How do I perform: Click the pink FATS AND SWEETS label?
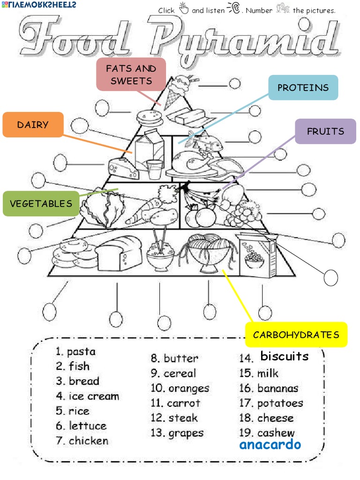[x=131, y=75]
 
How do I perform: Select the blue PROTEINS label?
[x=303, y=88]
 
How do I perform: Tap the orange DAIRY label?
[x=33, y=125]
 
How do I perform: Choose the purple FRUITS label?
[x=325, y=131]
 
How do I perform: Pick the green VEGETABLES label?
[x=41, y=203]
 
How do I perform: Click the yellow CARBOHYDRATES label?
[x=296, y=335]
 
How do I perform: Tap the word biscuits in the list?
[x=285, y=356]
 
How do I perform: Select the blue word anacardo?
[x=270, y=444]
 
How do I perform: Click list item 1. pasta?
[x=75, y=352]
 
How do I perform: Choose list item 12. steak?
[x=174, y=418]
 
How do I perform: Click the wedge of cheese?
[x=123, y=167]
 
